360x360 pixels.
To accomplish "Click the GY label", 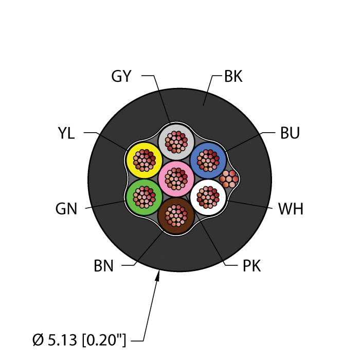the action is point(121,76).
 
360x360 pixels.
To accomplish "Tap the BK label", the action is point(233,76).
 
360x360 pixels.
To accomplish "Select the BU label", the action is point(290,133).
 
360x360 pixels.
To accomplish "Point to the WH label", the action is point(291,209).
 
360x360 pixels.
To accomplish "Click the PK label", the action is point(251,266).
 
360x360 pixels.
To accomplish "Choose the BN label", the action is point(103,266).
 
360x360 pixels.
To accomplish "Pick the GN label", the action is point(66,209).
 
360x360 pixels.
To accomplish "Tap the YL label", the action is point(66,133).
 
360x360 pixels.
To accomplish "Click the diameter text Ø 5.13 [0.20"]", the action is point(79,340).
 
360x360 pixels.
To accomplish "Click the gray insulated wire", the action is point(176,142).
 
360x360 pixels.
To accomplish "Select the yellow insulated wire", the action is point(145,160).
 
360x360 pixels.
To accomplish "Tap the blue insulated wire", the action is point(208,160).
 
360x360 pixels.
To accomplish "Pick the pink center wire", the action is point(176,179).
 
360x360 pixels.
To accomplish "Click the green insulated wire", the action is point(145,197).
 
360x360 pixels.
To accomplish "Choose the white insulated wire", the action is point(208,197).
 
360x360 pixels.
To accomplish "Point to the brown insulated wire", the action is point(176,215).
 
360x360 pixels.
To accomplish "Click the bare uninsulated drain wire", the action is point(229,179).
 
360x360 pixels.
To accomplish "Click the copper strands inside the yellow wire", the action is point(145,160).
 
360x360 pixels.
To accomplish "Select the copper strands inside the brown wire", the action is point(176,215).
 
